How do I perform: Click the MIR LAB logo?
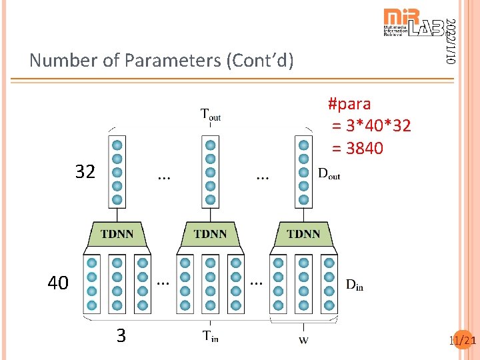coord(413,24)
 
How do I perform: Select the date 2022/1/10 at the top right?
coord(451,41)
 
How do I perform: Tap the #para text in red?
coord(349,104)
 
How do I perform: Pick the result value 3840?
coord(365,148)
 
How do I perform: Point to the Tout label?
coord(211,115)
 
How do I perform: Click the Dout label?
coord(329,175)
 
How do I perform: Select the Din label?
coord(355,285)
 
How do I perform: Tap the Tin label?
coord(211,336)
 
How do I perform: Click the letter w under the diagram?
coord(303,340)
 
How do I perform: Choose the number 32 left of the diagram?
coord(85,172)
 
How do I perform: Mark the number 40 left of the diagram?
coord(58,283)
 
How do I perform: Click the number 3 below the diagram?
coord(121,335)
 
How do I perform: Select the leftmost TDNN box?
coord(117,234)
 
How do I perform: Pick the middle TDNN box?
coord(210,234)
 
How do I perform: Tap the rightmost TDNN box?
coord(303,234)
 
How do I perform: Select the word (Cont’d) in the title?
coord(260,61)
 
